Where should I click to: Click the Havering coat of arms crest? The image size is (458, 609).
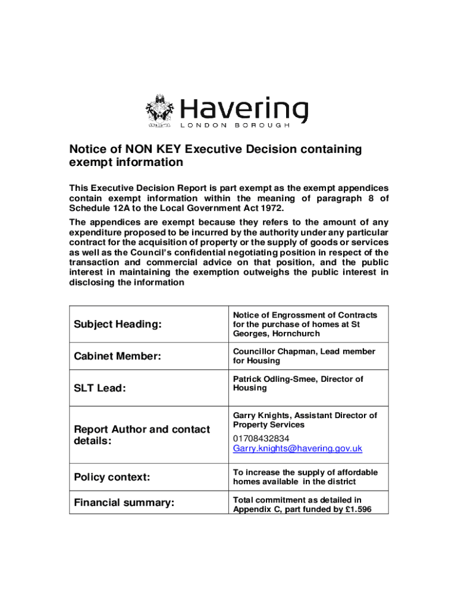[159, 111]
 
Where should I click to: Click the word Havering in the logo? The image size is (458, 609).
[244, 109]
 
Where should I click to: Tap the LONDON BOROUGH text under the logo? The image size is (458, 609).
[235, 126]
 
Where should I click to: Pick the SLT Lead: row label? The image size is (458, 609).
[99, 388]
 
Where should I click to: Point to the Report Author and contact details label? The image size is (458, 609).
[142, 435]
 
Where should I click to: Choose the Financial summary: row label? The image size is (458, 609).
[124, 503]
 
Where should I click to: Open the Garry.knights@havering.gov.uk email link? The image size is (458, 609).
[297, 448]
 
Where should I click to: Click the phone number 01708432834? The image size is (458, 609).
[261, 438]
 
